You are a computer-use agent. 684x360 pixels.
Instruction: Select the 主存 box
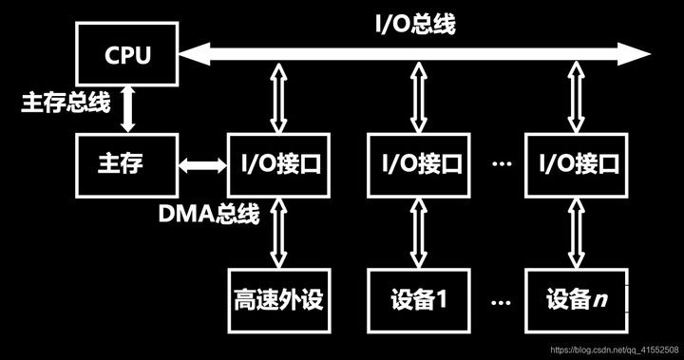click(x=127, y=164)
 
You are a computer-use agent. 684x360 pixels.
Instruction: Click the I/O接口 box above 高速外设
click(x=278, y=164)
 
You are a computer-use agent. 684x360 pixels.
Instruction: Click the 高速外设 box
click(x=278, y=299)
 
